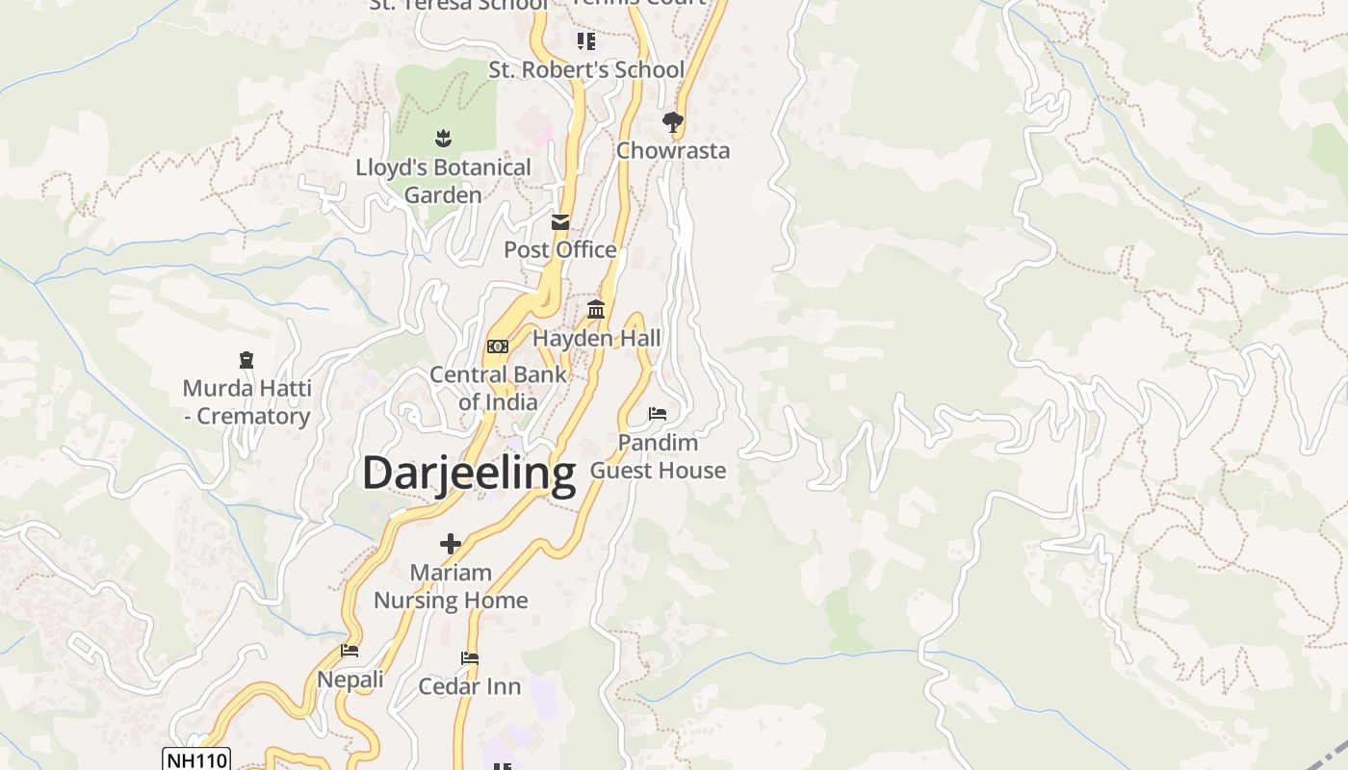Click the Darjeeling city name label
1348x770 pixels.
tap(469, 474)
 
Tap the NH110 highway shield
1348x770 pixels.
tap(196, 760)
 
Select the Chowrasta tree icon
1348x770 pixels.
tap(672, 122)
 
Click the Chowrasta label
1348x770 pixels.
tap(673, 151)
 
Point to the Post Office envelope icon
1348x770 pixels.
tap(560, 222)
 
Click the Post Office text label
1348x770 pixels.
tap(560, 250)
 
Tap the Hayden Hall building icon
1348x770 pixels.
tap(596, 310)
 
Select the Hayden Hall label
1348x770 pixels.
tap(597, 339)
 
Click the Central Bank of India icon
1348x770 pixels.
tap(498, 346)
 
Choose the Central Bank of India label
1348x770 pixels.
tap(498, 388)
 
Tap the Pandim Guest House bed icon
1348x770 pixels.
tap(658, 414)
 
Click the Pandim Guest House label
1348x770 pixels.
tap(658, 456)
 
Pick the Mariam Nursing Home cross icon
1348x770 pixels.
tap(451, 544)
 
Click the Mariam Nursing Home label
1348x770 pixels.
tap(451, 586)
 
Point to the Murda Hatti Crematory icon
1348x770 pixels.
tap(246, 360)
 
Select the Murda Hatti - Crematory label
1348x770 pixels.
tap(246, 402)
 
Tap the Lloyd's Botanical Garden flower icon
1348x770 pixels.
tap(443, 139)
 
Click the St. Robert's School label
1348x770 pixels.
tap(586, 70)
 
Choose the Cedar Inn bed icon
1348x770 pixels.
tap(470, 658)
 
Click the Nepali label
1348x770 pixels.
tap(350, 680)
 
